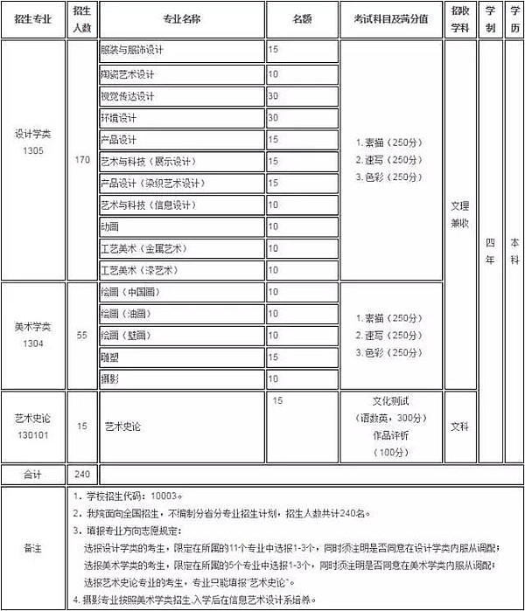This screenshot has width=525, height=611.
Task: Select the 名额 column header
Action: (x=302, y=18)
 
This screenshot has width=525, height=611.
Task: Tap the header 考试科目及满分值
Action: (x=391, y=18)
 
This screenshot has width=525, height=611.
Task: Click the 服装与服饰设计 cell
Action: (x=132, y=51)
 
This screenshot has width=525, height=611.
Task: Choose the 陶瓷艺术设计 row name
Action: (x=127, y=73)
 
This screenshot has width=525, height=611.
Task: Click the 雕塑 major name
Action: (x=109, y=358)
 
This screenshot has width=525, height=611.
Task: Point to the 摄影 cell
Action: (x=109, y=378)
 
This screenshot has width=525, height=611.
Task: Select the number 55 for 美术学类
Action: (x=82, y=336)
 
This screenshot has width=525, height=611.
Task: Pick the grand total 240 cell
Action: (x=82, y=475)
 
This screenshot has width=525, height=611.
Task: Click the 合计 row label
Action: (x=32, y=475)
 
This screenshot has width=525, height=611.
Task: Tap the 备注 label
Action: (x=32, y=548)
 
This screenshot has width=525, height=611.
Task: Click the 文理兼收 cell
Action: (x=459, y=215)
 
